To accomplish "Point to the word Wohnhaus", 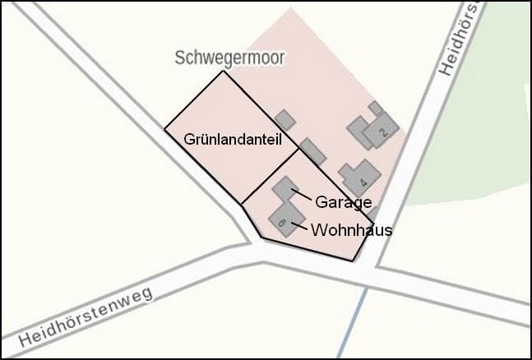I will [351, 230].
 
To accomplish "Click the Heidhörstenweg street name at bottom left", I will [86, 316].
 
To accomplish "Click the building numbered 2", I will [380, 129].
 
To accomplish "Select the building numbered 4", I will [359, 177].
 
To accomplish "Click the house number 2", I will [382, 131].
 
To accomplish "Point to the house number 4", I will [363, 182].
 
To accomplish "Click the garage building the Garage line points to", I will [285, 191].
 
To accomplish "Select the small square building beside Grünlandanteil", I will [285, 120].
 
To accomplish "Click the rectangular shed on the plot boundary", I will [312, 151].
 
